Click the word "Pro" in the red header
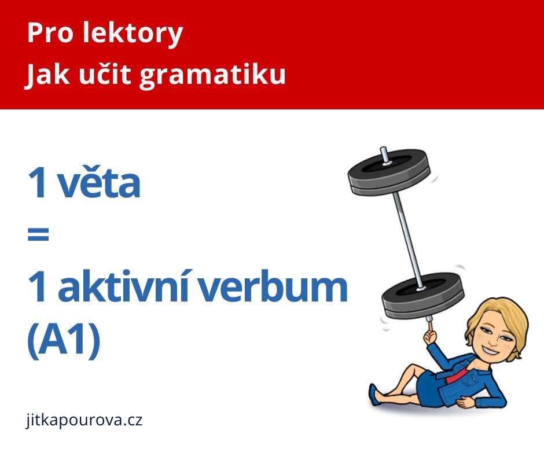tap(50, 33)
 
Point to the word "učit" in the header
tap(105, 73)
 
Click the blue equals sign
tap(38, 234)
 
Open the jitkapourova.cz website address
tap(84, 420)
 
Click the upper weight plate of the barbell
tap(389, 171)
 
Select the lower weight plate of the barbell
tap(422, 295)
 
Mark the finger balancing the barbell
tap(430, 328)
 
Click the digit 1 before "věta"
tap(38, 182)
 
